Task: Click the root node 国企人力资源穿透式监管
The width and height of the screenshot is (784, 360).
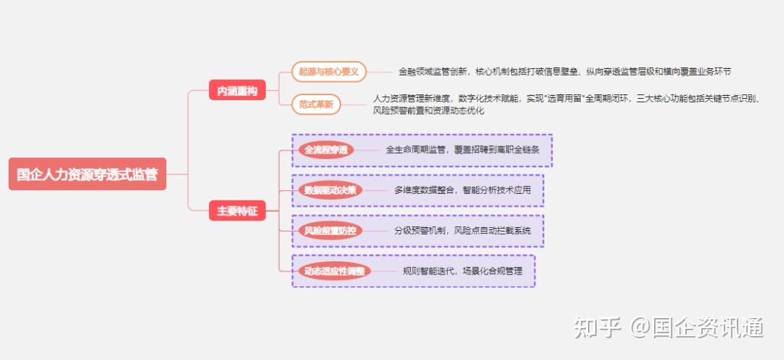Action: point(87,174)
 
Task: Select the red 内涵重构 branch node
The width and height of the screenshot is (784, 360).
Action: point(237,90)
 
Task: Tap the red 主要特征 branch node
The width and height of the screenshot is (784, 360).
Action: point(237,210)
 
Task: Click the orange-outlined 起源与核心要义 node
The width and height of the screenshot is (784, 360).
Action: point(329,72)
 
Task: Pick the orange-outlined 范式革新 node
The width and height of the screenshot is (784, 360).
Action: point(316,105)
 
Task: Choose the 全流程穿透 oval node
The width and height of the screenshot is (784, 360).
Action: point(326,150)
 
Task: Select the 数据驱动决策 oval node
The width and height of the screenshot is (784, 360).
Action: point(330,190)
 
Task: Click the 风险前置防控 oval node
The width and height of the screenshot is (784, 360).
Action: point(330,231)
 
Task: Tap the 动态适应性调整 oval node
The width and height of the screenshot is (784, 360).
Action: point(335,271)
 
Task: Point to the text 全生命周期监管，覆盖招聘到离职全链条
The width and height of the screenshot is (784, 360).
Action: point(462,150)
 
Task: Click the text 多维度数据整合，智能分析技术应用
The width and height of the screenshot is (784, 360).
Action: point(462,190)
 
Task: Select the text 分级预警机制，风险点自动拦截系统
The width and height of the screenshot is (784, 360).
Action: point(462,231)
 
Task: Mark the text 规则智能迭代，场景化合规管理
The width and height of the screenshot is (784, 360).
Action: point(462,271)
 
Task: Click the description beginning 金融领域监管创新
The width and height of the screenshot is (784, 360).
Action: point(565,72)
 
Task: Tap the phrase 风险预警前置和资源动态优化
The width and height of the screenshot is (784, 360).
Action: point(428,111)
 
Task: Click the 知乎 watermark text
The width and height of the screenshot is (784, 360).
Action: point(597,327)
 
